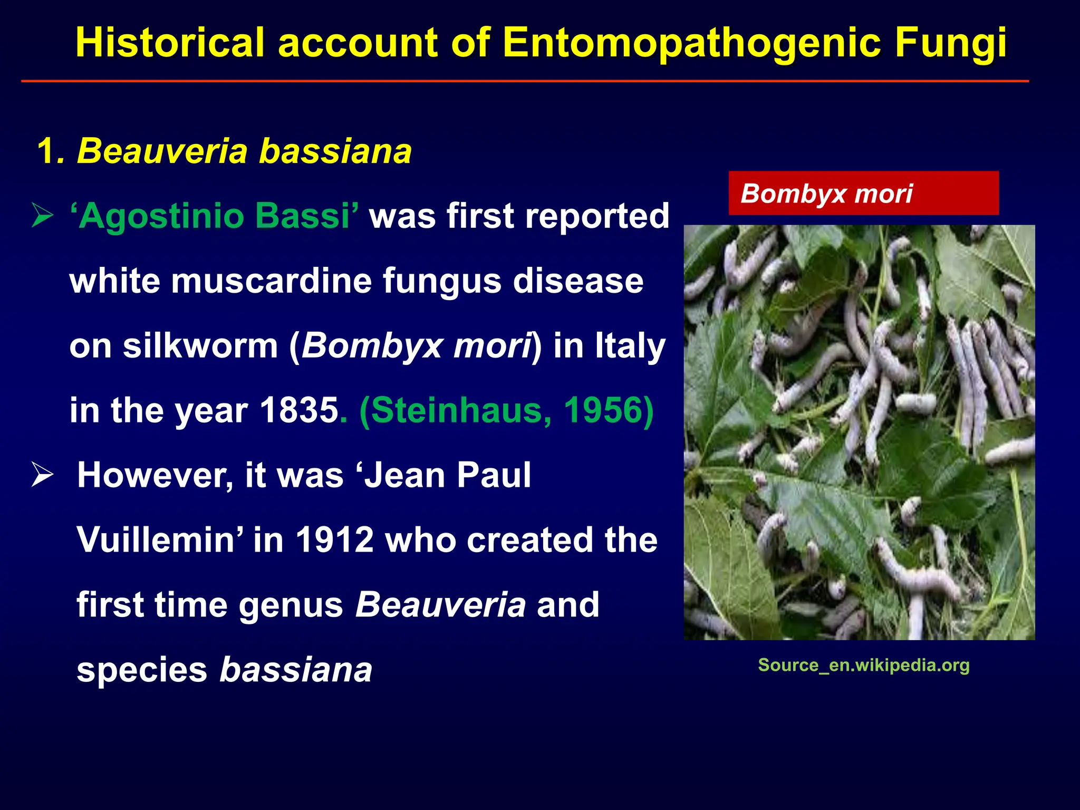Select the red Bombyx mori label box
coord(863,193)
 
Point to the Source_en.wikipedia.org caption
coord(863,665)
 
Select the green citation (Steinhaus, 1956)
coord(506,410)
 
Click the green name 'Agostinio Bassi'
coord(214,216)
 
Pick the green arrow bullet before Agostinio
coord(42,216)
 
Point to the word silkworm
coord(200,346)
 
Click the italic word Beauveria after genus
coord(440,604)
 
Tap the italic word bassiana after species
coord(296,670)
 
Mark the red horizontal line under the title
coord(525,81)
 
